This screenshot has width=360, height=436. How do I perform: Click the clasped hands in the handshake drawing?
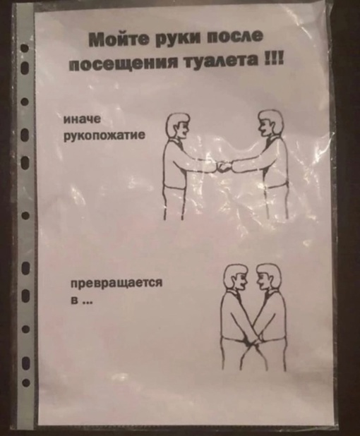click(x=224, y=167)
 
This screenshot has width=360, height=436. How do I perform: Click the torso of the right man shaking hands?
click(x=273, y=162)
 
